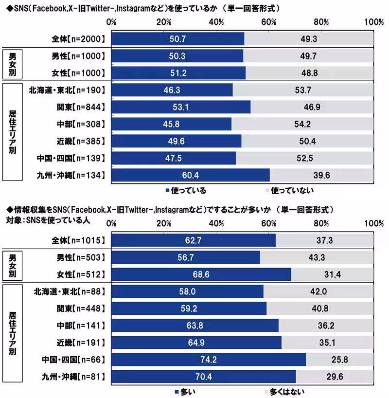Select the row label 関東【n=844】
click(x=79, y=107)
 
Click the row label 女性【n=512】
click(x=79, y=274)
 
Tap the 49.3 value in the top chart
click(x=308, y=38)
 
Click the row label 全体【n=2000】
click(x=79, y=38)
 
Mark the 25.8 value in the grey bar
click(x=340, y=360)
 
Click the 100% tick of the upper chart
click(x=373, y=22)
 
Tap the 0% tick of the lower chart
click(x=111, y=223)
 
